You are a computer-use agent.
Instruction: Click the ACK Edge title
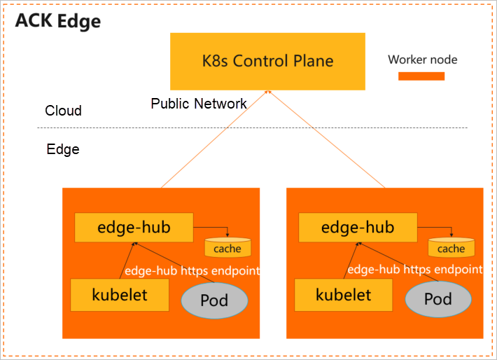(58, 21)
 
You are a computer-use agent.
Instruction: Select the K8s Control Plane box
(267, 60)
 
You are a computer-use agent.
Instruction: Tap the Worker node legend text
(422, 60)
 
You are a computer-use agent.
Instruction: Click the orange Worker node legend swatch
(421, 76)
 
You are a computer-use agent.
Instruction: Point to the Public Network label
(199, 104)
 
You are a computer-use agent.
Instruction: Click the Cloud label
(63, 111)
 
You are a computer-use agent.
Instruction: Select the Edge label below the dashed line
(62, 149)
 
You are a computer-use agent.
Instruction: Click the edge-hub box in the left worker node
(133, 228)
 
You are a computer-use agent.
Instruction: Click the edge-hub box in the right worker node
(357, 228)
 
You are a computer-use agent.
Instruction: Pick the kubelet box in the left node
(120, 295)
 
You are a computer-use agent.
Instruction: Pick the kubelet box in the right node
(343, 295)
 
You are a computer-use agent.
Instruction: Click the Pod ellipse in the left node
(214, 300)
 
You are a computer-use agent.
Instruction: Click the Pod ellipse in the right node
(438, 300)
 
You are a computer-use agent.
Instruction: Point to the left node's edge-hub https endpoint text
(192, 270)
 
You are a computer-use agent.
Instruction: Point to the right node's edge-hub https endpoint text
(415, 269)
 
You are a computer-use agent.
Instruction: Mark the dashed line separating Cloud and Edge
(252, 127)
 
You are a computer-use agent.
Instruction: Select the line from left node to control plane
(213, 140)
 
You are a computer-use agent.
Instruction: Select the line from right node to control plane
(325, 140)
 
